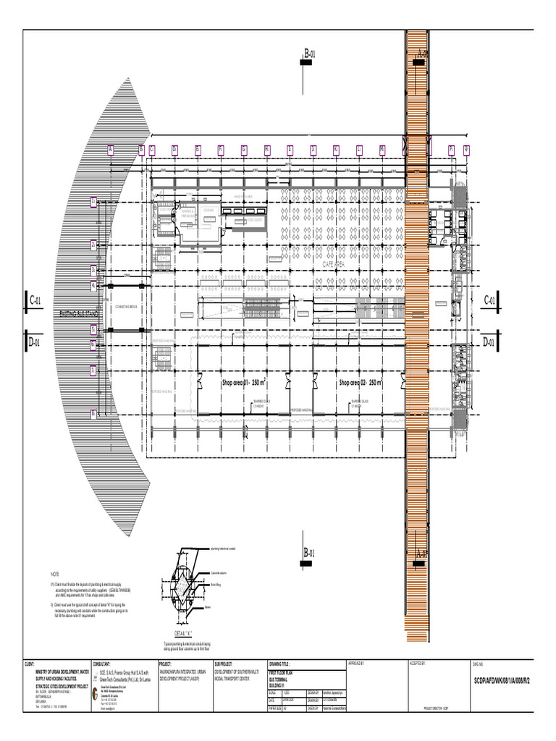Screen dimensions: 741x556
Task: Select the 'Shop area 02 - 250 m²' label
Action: click(x=360, y=381)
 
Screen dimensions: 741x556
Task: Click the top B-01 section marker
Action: click(x=310, y=54)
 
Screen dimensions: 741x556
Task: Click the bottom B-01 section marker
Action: click(x=310, y=554)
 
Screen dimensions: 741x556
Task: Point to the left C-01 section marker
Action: click(x=36, y=300)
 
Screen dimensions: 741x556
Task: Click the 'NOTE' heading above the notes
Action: click(x=54, y=573)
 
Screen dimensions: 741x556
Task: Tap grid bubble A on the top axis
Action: click(x=111, y=150)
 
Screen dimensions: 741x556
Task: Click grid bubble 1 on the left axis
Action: click(x=93, y=202)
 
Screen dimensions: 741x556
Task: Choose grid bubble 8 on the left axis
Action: click(x=93, y=414)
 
